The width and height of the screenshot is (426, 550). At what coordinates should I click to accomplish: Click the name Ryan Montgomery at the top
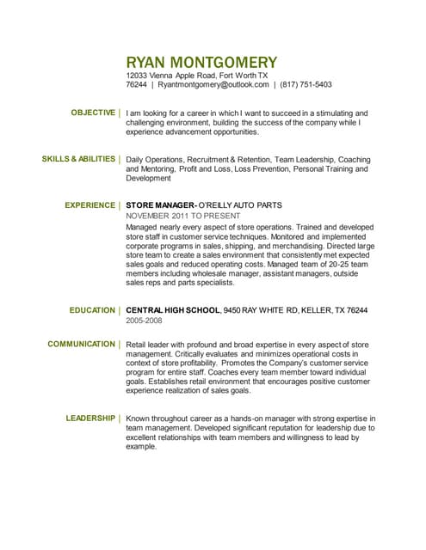[x=201, y=62]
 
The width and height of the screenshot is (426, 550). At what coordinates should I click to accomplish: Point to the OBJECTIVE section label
[x=92, y=113]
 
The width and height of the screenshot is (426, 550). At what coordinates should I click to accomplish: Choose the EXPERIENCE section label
[x=90, y=205]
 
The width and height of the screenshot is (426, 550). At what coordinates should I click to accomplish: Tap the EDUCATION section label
[x=91, y=309]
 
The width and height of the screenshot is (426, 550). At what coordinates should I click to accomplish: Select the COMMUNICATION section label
[x=81, y=344]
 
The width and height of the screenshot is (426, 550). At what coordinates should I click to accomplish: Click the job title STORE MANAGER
[x=161, y=205]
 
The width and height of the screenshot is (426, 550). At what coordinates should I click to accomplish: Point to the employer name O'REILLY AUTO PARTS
[x=242, y=205]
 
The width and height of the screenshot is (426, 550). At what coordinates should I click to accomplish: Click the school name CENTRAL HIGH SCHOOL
[x=172, y=309]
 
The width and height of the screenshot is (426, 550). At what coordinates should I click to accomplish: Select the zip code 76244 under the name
[x=136, y=85]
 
